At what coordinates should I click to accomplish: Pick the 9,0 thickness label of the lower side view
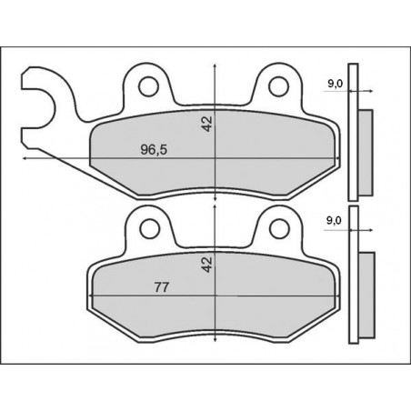click(x=334, y=221)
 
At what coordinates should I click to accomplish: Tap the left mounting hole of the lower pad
click(x=145, y=226)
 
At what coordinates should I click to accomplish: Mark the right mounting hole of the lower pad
click(x=280, y=226)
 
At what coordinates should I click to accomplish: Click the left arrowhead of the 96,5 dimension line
click(x=24, y=160)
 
